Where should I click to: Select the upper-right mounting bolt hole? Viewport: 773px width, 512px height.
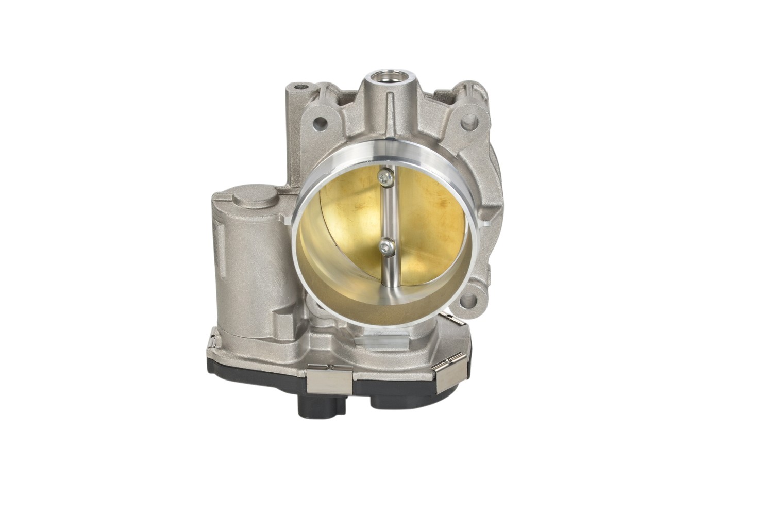469,122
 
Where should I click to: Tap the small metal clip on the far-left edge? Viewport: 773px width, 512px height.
213,345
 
